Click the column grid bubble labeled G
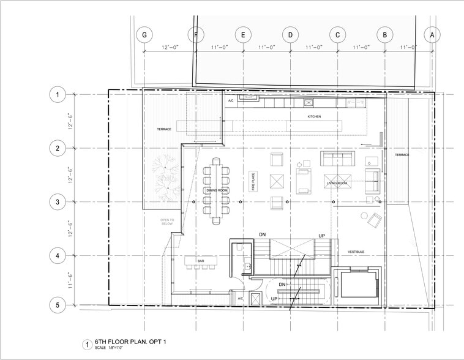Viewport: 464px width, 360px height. (x=144, y=35)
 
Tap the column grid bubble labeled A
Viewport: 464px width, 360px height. (x=432, y=35)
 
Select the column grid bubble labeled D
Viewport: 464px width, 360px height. (x=290, y=35)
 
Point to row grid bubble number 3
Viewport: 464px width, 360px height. (x=58, y=202)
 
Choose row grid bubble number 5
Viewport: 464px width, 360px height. (x=58, y=304)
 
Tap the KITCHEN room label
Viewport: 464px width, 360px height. (x=314, y=116)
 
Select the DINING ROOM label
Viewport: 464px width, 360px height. (x=217, y=191)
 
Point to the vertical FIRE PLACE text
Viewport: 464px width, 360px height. (x=251, y=182)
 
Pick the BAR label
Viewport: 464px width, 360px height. (x=200, y=261)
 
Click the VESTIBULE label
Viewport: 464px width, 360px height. (x=356, y=252)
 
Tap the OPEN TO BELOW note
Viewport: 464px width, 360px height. (x=167, y=222)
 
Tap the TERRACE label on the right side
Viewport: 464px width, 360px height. (x=402, y=155)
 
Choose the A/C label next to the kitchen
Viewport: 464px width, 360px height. (x=231, y=100)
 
